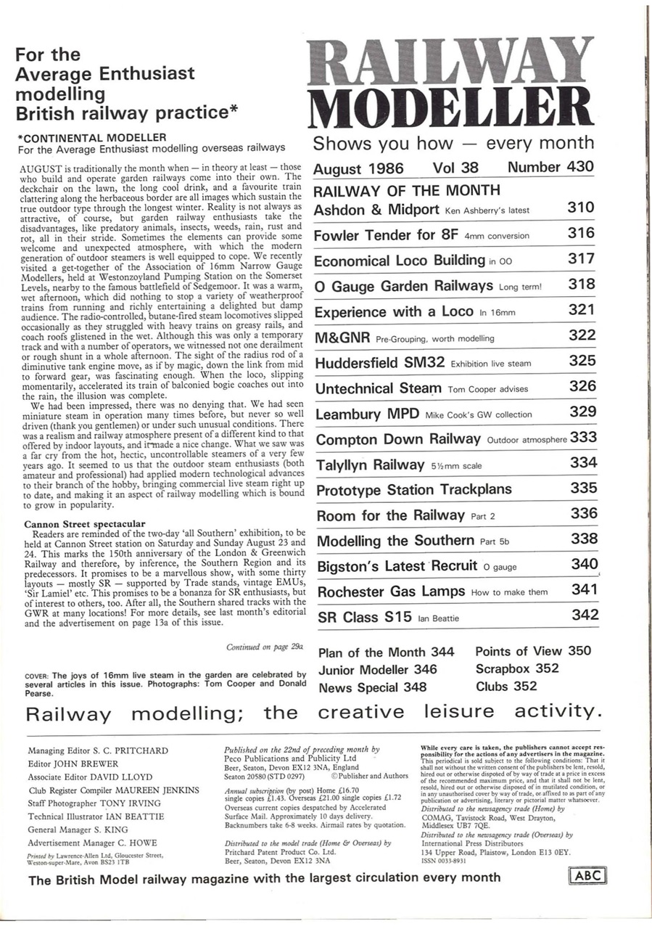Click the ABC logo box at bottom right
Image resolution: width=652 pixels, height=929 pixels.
(x=587, y=875)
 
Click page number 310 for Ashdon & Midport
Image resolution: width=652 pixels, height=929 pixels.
(x=581, y=208)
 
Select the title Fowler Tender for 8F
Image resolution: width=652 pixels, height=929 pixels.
(x=384, y=235)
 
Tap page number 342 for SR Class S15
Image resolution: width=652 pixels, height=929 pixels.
(x=585, y=615)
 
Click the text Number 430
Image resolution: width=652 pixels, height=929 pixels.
(x=550, y=167)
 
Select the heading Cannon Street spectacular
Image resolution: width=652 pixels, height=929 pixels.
(x=85, y=523)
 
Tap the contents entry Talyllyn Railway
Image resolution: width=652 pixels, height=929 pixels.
(x=370, y=464)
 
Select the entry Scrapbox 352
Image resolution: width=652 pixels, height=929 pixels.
(x=517, y=668)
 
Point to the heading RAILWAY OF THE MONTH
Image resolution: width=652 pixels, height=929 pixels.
(x=406, y=191)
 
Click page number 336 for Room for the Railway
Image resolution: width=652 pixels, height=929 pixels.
(x=584, y=514)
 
